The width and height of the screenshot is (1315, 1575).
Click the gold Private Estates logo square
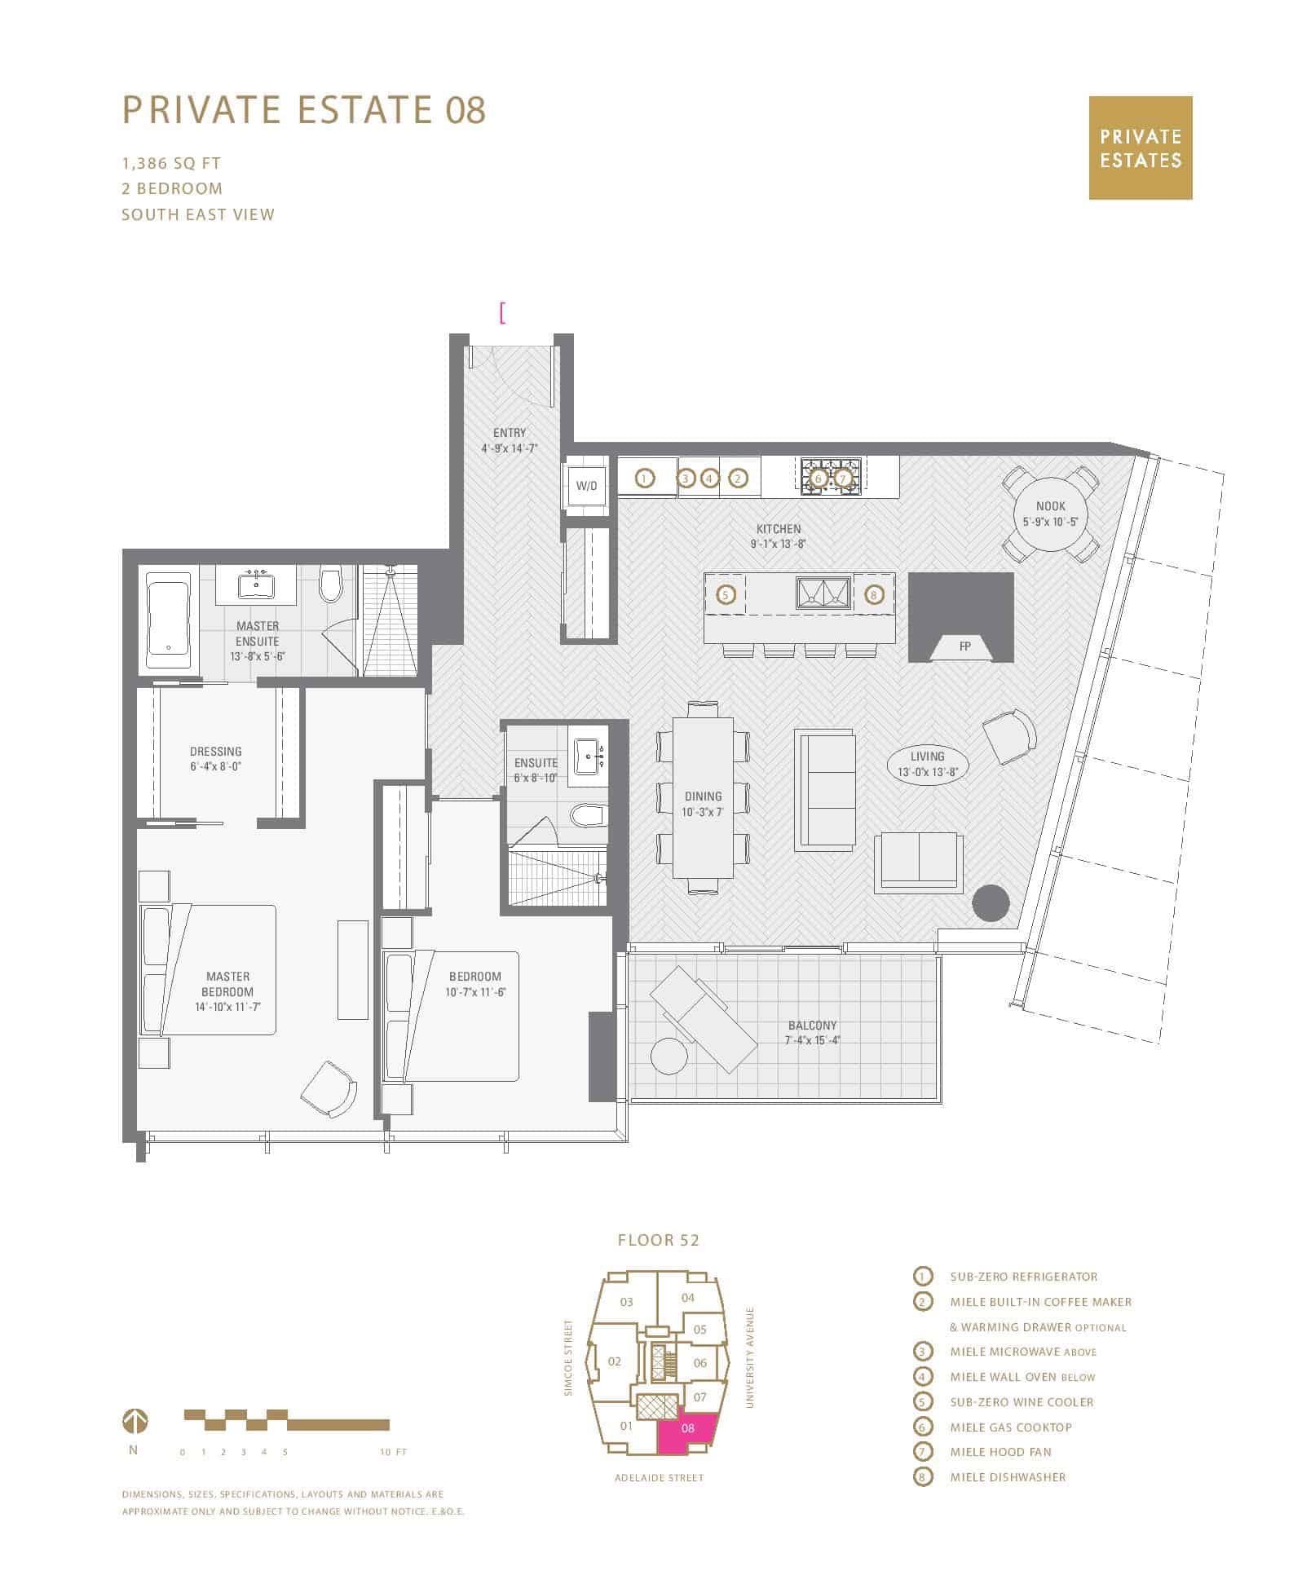click(1141, 148)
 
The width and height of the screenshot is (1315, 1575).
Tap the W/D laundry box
click(587, 486)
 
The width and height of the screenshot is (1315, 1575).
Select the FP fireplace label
click(965, 646)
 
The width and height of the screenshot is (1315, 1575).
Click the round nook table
click(1050, 513)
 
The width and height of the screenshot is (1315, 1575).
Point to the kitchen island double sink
click(823, 592)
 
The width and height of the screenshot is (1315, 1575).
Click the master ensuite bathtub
click(168, 620)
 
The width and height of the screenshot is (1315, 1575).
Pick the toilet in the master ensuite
click(330, 584)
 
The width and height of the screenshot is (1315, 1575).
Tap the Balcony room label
click(812, 1032)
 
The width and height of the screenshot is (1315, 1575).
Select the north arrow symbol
click(135, 1423)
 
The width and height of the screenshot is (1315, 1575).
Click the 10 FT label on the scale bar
click(393, 1452)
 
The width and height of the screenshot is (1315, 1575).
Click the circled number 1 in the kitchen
click(645, 479)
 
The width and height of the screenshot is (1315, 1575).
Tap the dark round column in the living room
click(991, 903)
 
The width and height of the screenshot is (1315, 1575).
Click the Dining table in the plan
click(703, 796)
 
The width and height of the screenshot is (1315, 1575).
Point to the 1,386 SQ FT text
click(171, 163)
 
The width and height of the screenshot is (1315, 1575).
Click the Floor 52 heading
click(659, 1240)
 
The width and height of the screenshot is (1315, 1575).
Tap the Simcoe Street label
click(568, 1357)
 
